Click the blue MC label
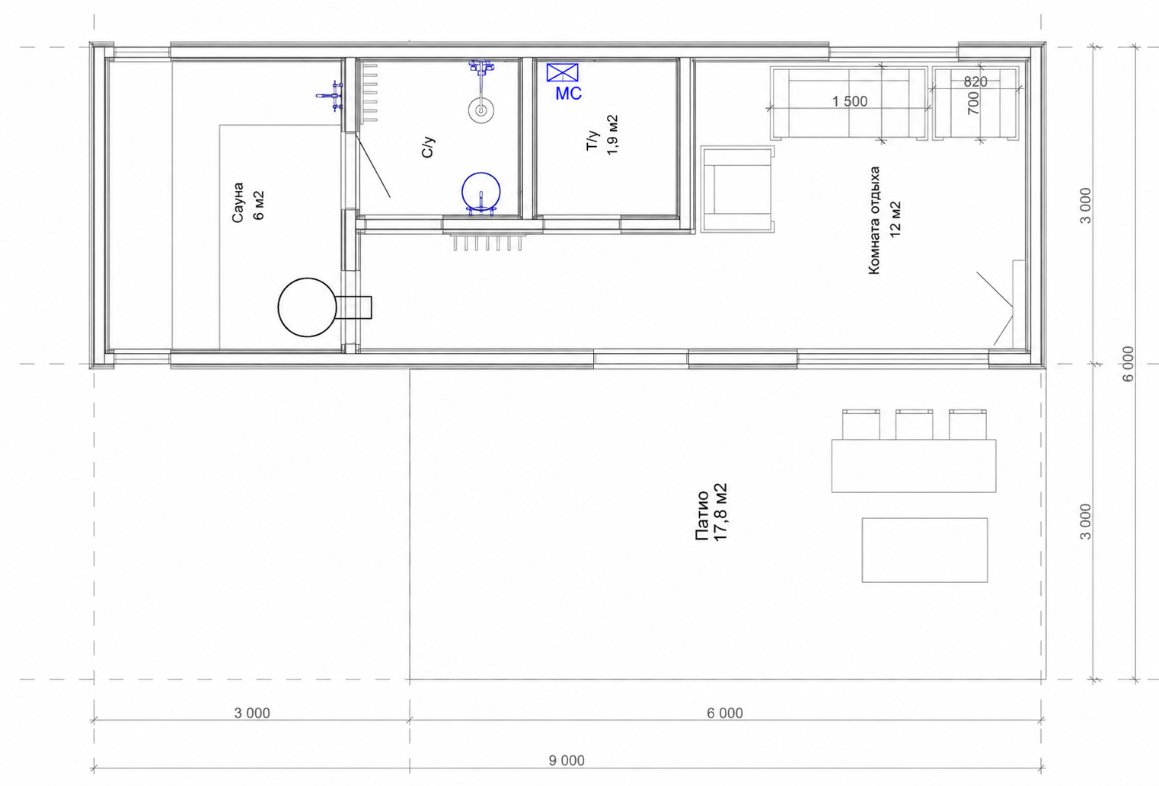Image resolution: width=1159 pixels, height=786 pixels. [568, 94]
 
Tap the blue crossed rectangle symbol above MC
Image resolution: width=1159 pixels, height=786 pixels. [563, 72]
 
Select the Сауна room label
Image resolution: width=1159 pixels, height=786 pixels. [238, 202]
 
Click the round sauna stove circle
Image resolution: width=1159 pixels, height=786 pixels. [308, 307]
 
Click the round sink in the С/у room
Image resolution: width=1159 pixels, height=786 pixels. [481, 110]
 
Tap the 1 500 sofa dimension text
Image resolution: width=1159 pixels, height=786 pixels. [850, 101]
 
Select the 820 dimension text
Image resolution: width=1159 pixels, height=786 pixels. [975, 81]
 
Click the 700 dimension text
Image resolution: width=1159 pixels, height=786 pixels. [973, 103]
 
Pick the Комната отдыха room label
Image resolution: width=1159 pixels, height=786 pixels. [874, 221]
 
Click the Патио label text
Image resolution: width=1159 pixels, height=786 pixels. [701, 516]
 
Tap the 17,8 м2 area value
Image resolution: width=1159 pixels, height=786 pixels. [720, 512]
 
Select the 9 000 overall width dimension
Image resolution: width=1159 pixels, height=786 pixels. [567, 760]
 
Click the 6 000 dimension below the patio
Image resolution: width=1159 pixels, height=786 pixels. [724, 713]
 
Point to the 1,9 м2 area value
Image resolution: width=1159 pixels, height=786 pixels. [612, 135]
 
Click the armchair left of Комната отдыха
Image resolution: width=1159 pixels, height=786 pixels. [738, 189]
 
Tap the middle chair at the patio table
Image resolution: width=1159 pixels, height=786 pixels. [915, 425]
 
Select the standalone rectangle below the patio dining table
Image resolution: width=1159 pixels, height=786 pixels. [924, 550]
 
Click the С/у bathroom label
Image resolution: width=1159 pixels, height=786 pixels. [428, 148]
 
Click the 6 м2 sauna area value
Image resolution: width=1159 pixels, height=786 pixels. [259, 205]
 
